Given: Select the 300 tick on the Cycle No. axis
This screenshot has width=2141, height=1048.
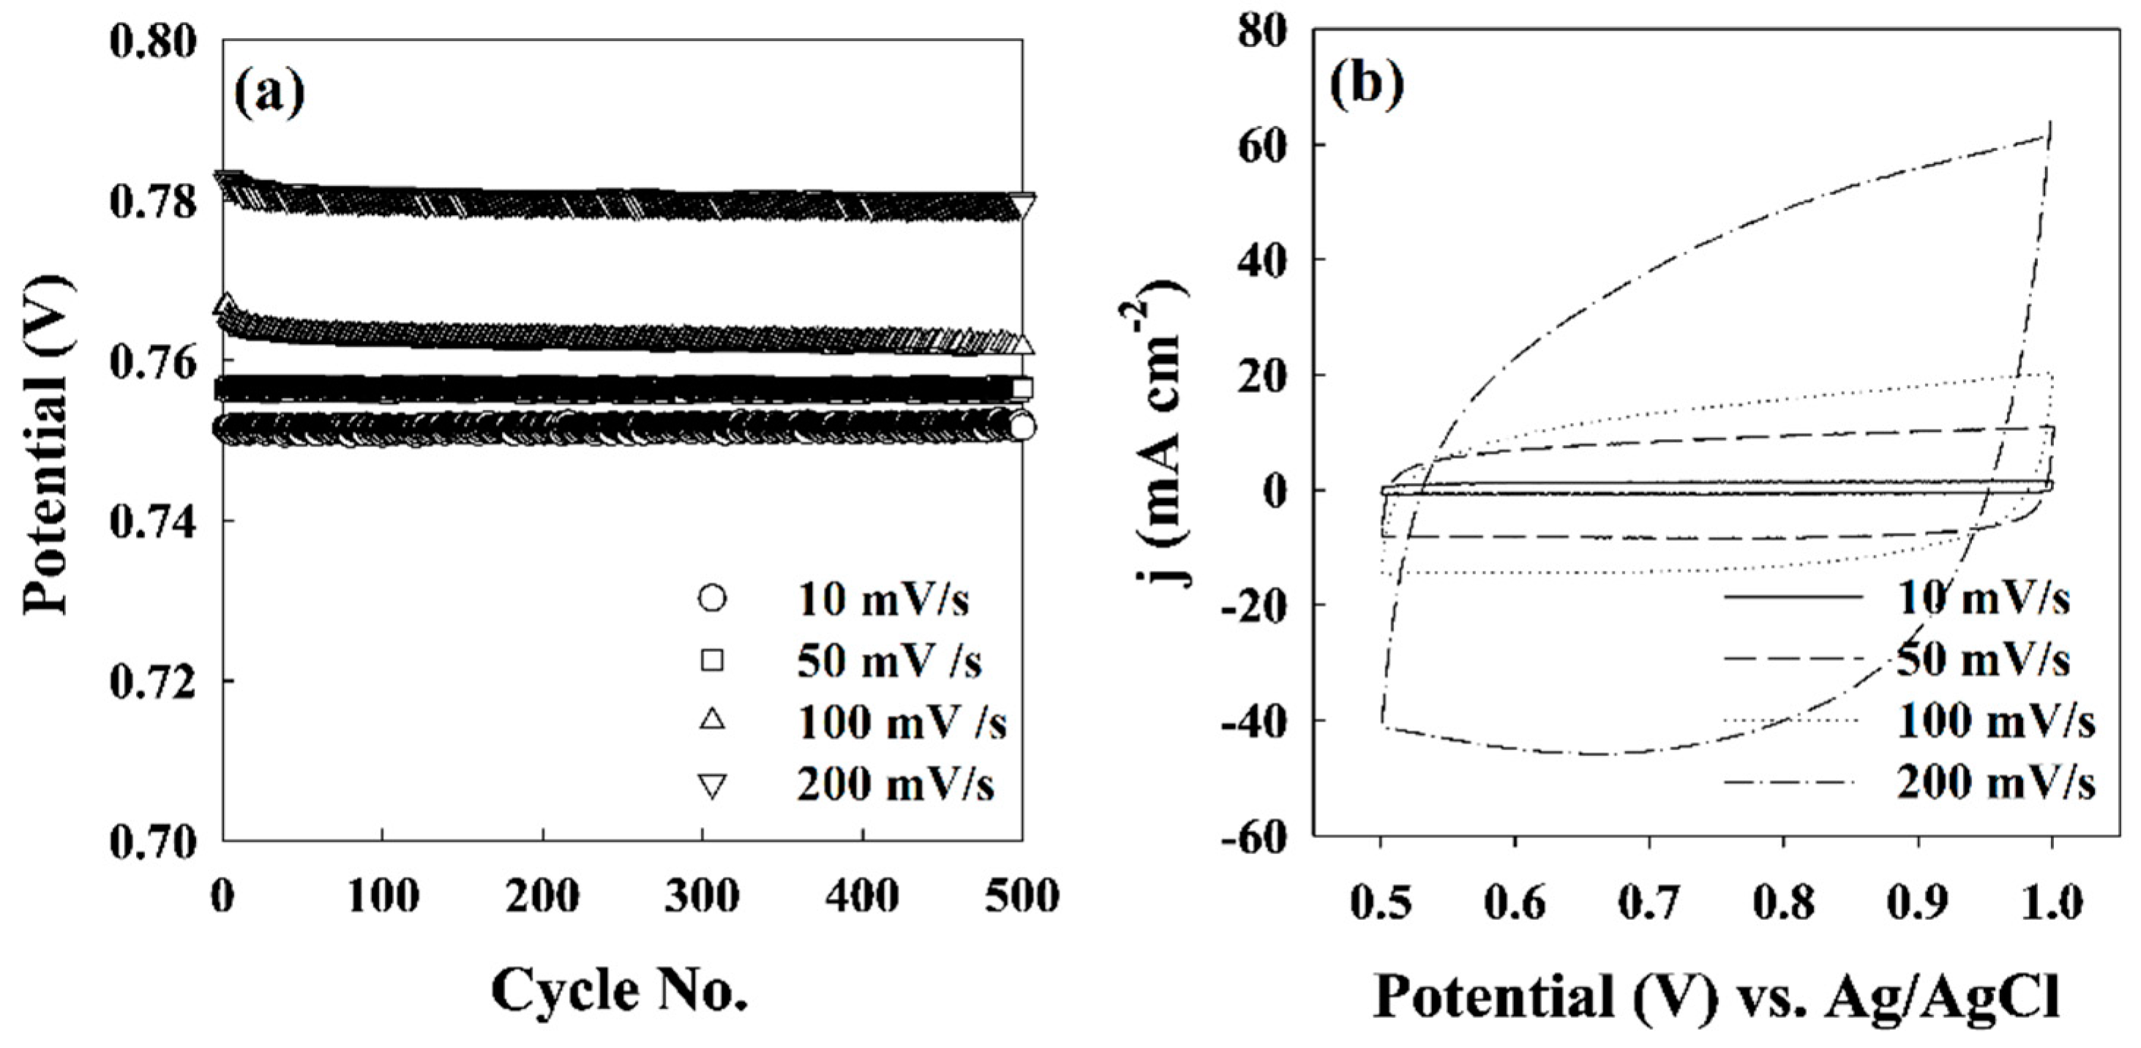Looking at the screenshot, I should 702,896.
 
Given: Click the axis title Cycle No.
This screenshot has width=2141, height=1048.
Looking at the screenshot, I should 619,991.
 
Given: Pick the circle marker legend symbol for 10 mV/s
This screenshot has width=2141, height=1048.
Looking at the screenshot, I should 712,599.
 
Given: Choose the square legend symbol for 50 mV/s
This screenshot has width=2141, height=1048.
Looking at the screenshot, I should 712,661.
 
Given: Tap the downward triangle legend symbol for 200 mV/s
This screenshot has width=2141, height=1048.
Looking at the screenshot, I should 712,785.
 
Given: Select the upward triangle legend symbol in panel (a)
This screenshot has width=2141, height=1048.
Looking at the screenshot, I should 712,721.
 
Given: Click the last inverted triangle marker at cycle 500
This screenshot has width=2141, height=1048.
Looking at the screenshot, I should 1022,204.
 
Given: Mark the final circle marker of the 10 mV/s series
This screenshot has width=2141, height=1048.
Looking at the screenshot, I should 1022,427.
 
